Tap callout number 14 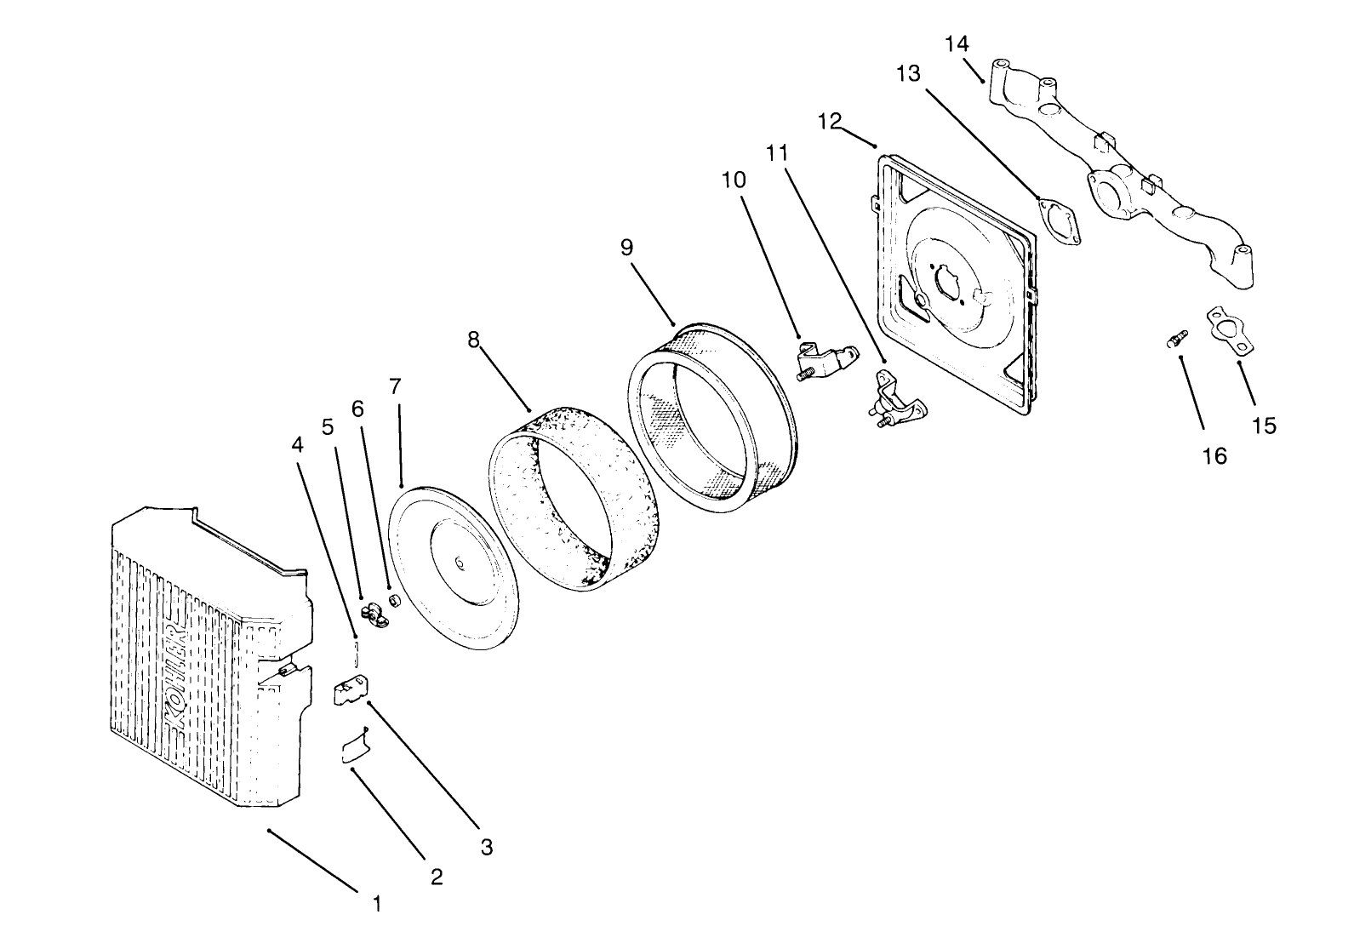tap(957, 43)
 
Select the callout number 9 tap(626, 247)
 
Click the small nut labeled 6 tap(395, 602)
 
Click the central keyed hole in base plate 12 tap(947, 283)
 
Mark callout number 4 tap(297, 444)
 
